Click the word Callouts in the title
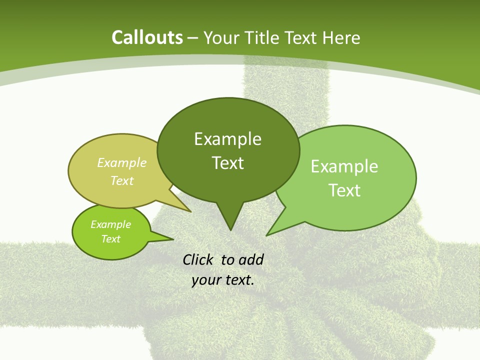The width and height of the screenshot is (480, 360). tap(147, 37)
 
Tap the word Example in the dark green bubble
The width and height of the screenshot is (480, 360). tap(227, 139)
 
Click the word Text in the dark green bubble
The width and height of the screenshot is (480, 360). tap(227, 163)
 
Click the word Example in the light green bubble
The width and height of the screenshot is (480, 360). tap(344, 166)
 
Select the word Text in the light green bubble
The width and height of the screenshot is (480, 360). tap(344, 190)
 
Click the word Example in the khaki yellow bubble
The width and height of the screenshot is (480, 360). tap(122, 162)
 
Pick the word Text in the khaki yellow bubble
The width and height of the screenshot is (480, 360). tap(122, 180)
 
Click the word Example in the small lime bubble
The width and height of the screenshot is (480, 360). tap(110, 224)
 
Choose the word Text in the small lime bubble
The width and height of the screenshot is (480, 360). tap(110, 239)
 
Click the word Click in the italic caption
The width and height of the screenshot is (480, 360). tap(198, 259)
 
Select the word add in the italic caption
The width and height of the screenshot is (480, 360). tap(250, 259)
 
